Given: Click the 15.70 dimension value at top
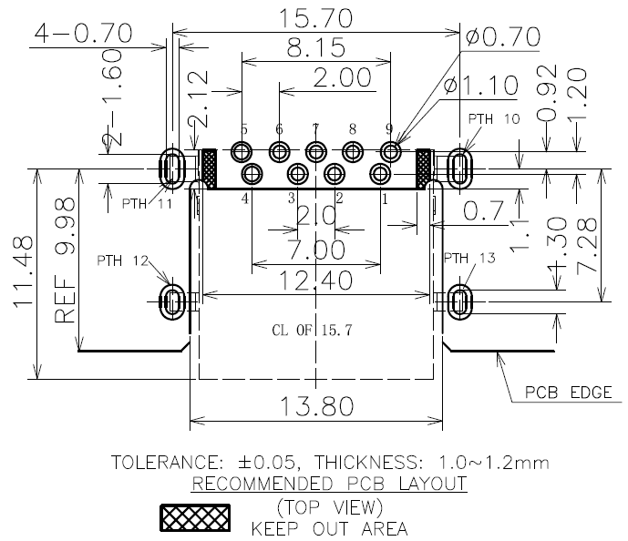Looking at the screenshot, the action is pos(315,18).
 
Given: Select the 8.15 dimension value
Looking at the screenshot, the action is pos(315,47).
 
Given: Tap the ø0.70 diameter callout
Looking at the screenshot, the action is pos(503,36).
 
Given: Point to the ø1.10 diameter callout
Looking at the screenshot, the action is pos(480,86).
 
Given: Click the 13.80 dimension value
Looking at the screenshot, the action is pos(316,406).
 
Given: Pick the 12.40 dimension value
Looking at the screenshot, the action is pos(315,281).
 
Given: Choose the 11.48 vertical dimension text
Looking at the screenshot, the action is pos(23,272).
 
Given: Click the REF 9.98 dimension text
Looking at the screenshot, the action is pos(65,260).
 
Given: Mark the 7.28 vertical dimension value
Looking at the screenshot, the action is pos(586,246).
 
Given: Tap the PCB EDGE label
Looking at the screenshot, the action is pos(569,393).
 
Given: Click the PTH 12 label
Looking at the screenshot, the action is pos(122,260).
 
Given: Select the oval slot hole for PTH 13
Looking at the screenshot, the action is pos(459,301).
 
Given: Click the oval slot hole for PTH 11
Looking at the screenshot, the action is pos(172,168).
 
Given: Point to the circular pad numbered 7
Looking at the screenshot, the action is pos(316,152).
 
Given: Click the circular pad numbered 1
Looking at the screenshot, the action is pos(380,174).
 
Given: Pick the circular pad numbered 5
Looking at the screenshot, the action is pos(242,152).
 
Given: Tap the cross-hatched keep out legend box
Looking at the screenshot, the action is pos(195,518).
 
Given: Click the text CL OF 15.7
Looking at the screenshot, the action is pos(312,330).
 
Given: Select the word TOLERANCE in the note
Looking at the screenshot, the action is pos(165,463).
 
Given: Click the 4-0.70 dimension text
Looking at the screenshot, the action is pos(83,33).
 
